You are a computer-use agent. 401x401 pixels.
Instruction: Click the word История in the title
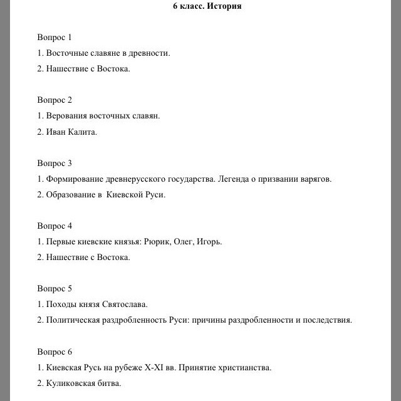[x=224, y=6]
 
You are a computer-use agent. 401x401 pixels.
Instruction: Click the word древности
[x=149, y=53]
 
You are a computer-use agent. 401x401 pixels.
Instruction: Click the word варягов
[x=314, y=179]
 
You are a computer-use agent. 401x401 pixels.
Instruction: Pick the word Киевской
[x=125, y=195]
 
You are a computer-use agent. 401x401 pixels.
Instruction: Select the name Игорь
[x=209, y=242]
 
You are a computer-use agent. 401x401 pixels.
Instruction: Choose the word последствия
[x=326, y=320]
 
